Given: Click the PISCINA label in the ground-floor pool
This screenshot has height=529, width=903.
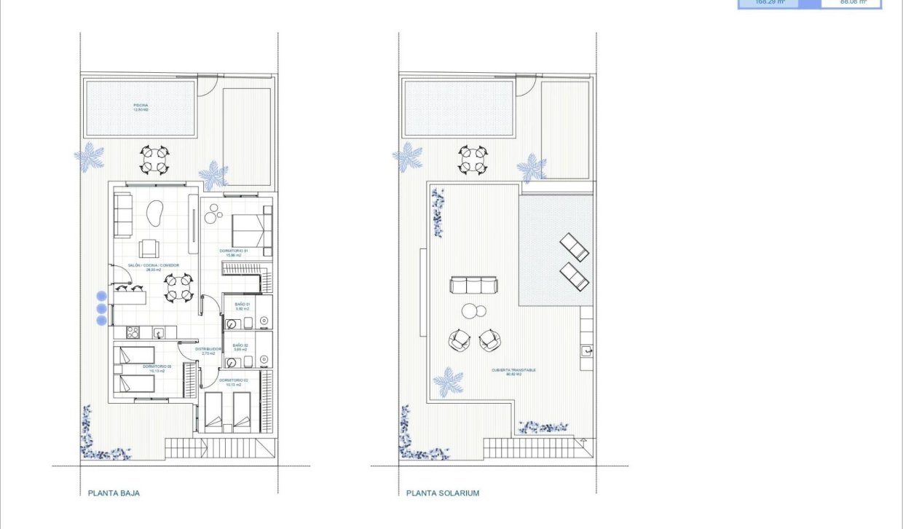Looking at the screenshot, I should (141, 107).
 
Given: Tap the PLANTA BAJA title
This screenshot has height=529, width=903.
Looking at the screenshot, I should (114, 493).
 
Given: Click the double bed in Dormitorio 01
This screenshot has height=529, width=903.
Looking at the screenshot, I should (248, 231).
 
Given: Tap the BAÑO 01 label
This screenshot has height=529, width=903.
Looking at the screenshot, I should (242, 306).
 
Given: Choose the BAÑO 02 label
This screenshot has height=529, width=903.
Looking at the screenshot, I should (241, 348).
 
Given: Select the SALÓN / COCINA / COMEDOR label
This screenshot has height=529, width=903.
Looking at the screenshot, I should (153, 267).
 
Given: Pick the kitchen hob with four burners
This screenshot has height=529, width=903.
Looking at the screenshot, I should (134, 332).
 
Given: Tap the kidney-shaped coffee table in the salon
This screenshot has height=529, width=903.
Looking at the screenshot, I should (155, 212).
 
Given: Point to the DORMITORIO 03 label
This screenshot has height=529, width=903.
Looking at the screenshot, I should (157, 368).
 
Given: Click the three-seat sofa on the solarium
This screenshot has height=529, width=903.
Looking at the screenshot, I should (473, 285).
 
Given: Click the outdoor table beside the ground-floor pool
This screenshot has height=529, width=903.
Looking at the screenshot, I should (154, 160).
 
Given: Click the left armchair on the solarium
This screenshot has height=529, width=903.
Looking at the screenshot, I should (460, 340).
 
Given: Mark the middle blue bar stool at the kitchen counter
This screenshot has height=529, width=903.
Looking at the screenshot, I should (101, 308).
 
